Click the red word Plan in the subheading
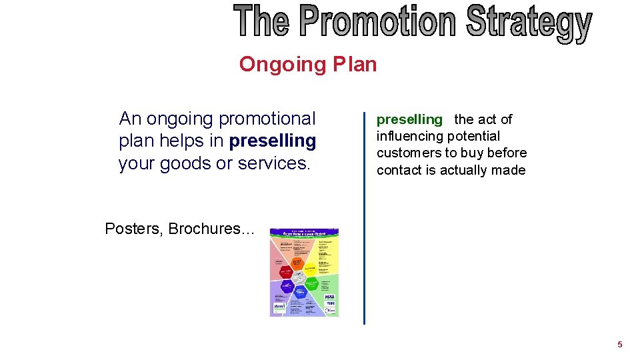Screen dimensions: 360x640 click(355, 65)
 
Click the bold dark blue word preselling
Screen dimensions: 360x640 click(272, 141)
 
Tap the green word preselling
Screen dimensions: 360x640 click(409, 120)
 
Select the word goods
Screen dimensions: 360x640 click(186, 163)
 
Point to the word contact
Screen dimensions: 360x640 click(399, 171)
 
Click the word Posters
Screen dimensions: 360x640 click(133, 229)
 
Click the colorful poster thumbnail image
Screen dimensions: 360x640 click(304, 273)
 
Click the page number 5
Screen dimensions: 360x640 click(619, 345)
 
